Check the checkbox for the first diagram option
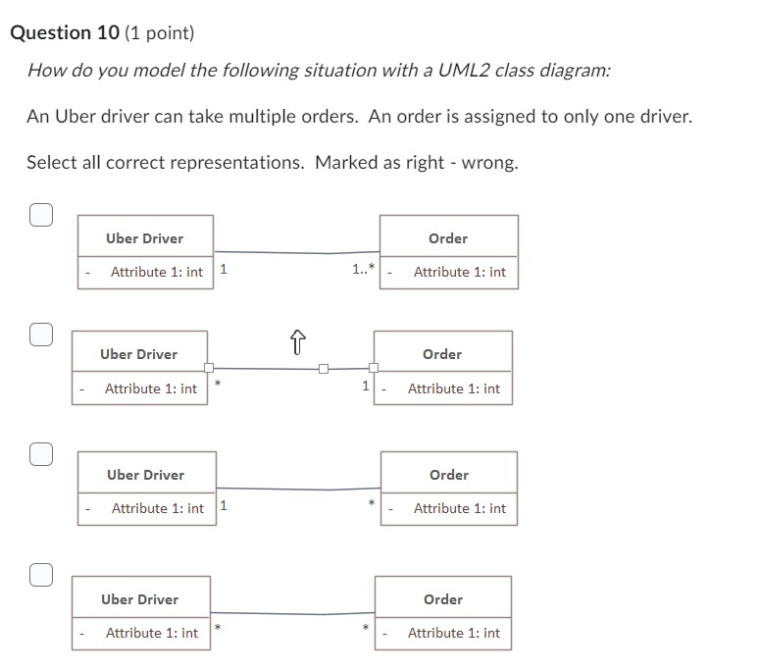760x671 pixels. tap(40, 215)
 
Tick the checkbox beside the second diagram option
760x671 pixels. tap(40, 335)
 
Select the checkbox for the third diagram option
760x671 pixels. tap(40, 454)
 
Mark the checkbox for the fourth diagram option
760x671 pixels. tap(40, 575)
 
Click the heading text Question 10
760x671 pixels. tap(64, 32)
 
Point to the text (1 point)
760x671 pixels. tap(160, 33)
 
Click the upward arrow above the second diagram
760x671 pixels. tap(298, 342)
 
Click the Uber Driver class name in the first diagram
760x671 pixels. tap(144, 238)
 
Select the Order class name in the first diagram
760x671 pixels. tap(448, 238)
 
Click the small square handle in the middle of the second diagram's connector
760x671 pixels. tap(323, 369)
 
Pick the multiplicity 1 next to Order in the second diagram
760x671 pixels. tap(366, 386)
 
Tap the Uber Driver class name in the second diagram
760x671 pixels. tap(138, 354)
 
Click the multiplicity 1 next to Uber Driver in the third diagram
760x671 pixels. tap(224, 506)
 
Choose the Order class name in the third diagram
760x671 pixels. tap(448, 475)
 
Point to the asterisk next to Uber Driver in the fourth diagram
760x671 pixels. tap(218, 626)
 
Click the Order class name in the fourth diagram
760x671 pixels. tap(442, 599)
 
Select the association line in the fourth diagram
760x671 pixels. tap(294, 613)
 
